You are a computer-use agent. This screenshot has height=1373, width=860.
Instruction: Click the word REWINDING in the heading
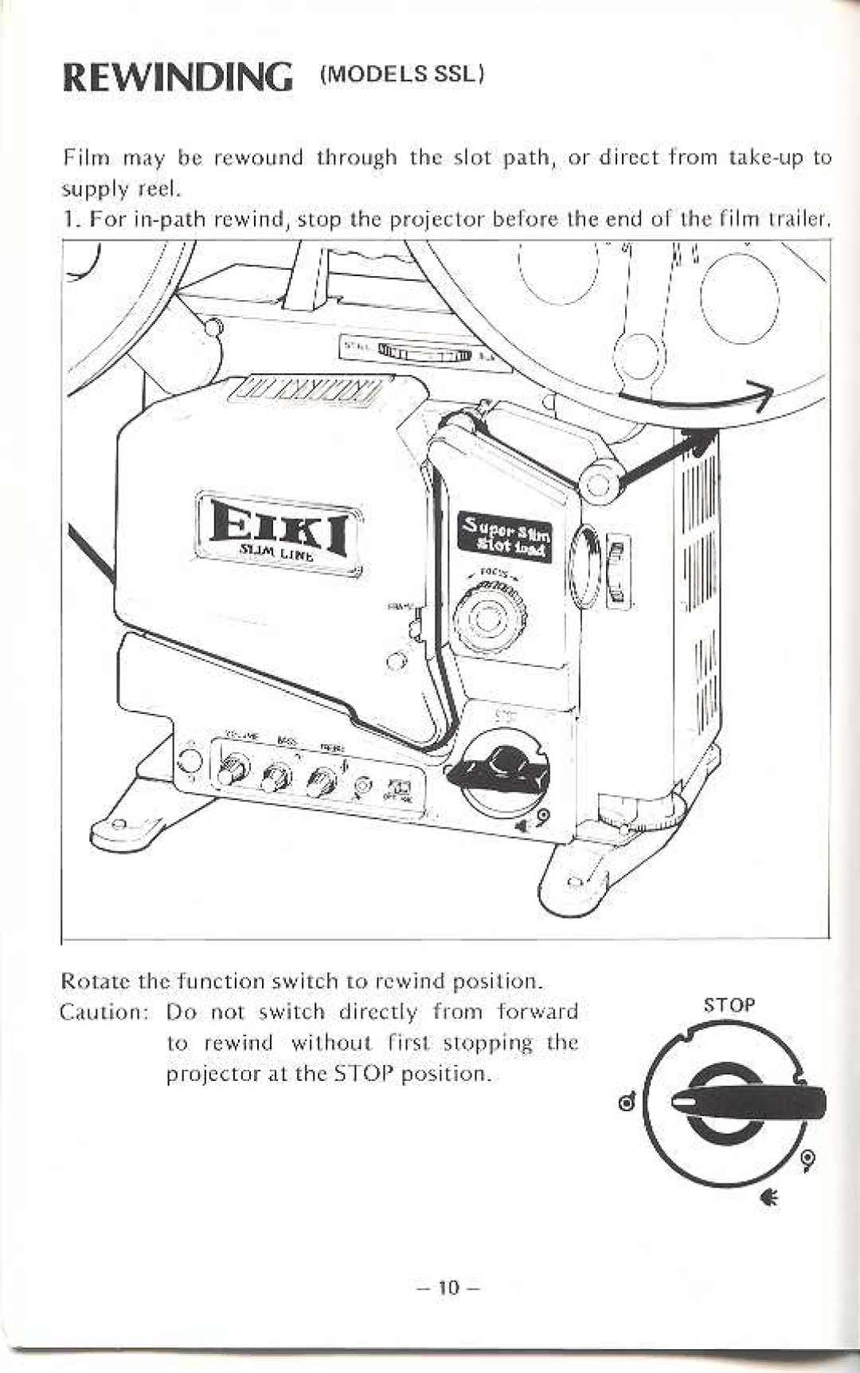176,78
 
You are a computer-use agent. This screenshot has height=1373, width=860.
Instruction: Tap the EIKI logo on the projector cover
279,527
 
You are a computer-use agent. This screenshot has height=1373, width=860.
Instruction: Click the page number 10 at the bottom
449,1287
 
